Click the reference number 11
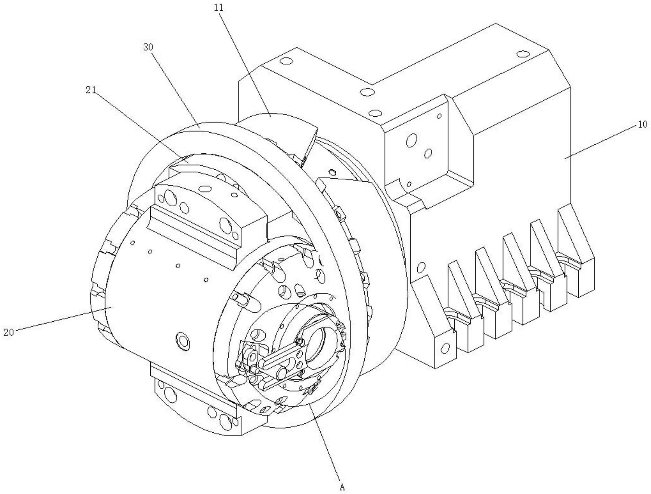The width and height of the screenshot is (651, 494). point(219,8)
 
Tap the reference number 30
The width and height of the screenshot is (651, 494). point(148,47)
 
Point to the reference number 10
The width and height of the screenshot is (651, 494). point(642,124)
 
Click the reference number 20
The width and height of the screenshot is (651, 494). point(8,332)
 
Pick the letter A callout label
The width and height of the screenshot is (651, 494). point(342,487)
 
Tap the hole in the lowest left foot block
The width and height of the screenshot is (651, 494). point(445,348)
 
